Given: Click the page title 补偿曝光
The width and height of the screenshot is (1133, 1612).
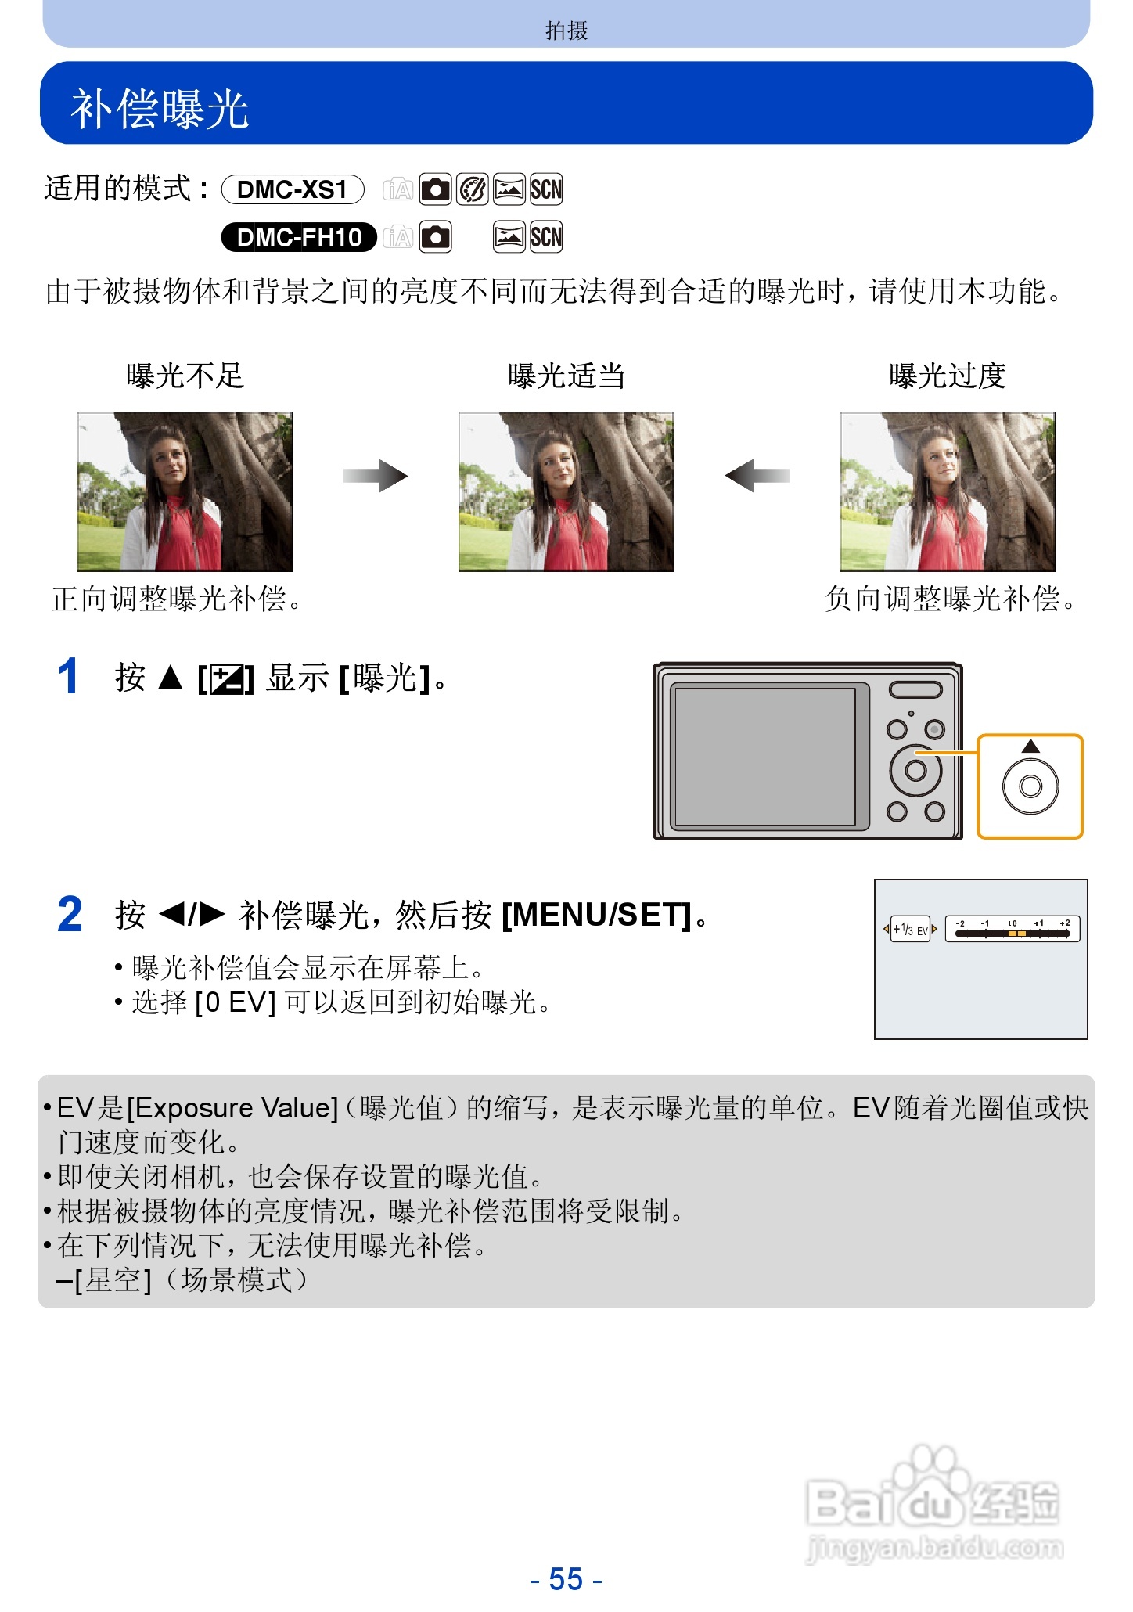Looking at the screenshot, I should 160,108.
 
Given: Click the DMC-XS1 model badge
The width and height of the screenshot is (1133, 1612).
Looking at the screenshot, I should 293,189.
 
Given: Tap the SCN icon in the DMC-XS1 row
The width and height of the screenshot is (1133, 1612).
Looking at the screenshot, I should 546,189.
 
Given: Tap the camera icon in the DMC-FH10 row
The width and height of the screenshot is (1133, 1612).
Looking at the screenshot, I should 435,237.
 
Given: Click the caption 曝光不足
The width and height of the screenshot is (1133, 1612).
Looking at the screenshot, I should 185,376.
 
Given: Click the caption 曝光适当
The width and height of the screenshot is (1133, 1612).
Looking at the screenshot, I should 566,376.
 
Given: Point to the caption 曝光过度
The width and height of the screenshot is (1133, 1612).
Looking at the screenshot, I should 947,376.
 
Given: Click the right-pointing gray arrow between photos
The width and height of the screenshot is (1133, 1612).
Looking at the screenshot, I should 376,476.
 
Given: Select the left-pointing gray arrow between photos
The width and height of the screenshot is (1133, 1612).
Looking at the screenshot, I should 757,476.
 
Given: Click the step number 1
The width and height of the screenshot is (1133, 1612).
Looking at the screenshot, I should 69,677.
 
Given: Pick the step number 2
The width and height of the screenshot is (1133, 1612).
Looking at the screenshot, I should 70,914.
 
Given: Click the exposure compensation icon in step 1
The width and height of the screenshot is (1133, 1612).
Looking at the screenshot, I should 225,678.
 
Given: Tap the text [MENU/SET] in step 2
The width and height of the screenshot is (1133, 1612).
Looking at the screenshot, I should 597,914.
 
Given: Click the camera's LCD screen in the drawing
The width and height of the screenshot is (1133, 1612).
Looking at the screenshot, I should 764,755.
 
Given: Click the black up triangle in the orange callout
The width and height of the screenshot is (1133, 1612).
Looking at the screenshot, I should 1030,747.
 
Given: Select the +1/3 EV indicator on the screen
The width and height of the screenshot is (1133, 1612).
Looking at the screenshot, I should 910,929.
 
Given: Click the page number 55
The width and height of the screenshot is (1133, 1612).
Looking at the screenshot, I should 566,1578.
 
